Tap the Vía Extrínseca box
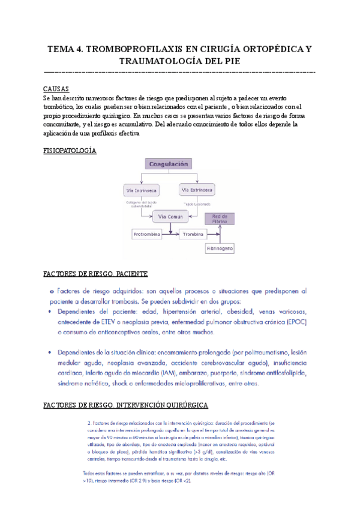click(197, 190)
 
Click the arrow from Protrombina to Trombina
click(170, 235)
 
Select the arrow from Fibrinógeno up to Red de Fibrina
click(221, 235)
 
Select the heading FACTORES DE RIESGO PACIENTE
click(95, 274)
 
